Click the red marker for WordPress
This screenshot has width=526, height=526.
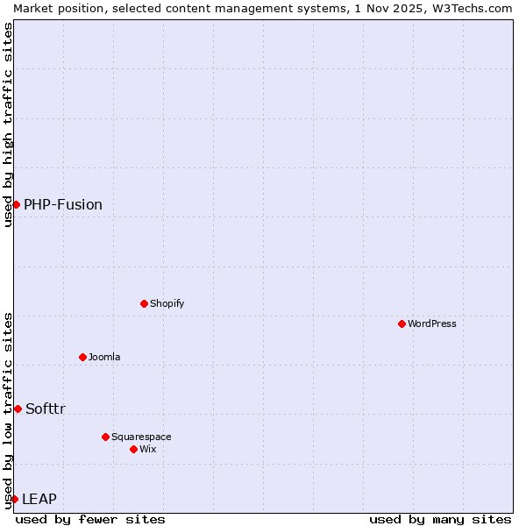(x=402, y=323)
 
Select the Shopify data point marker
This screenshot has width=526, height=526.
(x=144, y=303)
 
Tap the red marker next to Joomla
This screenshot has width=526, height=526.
(x=82, y=357)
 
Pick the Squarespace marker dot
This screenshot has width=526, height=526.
(x=105, y=437)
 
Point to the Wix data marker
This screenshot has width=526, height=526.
(x=133, y=449)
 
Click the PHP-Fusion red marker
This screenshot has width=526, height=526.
(x=16, y=204)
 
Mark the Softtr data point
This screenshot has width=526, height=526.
(x=18, y=409)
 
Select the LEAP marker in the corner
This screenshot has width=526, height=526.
(x=14, y=499)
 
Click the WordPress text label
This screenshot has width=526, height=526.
(x=432, y=323)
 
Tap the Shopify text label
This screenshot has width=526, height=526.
(x=167, y=303)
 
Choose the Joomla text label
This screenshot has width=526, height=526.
(x=104, y=357)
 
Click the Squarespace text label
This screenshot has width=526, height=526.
(x=141, y=437)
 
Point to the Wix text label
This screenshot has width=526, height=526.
(x=148, y=449)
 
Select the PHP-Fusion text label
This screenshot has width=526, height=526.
(x=63, y=204)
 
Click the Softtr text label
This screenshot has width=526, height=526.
(x=46, y=409)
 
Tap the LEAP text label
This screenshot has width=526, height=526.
(x=39, y=499)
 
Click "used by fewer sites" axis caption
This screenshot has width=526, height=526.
(x=90, y=519)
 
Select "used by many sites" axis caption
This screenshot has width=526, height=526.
(x=440, y=519)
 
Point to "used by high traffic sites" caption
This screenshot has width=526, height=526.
(x=8, y=124)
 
